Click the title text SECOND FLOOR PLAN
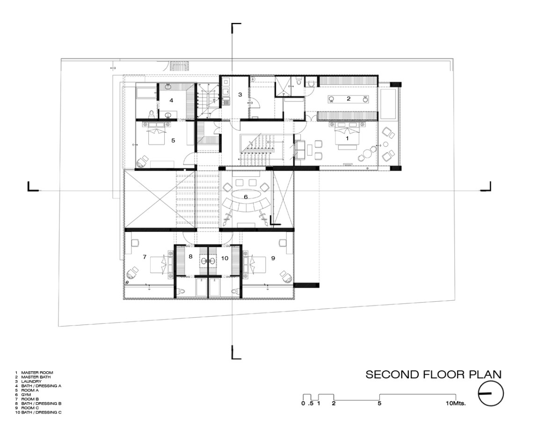tap(433, 375)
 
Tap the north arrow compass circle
tap(491, 393)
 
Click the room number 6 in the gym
tap(246, 197)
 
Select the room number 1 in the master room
tap(347, 138)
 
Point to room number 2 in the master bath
tap(349, 99)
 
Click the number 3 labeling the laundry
tap(240, 94)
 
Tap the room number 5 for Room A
tap(173, 140)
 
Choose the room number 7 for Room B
tap(145, 257)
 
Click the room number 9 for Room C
tap(273, 258)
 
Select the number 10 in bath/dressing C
tap(225, 258)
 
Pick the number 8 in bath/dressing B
tap(190, 257)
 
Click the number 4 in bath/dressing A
tap(171, 100)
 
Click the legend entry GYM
tap(26, 395)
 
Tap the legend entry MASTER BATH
tap(36, 377)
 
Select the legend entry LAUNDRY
tap(31, 382)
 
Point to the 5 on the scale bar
tap(379, 403)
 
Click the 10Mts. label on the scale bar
tap(456, 403)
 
